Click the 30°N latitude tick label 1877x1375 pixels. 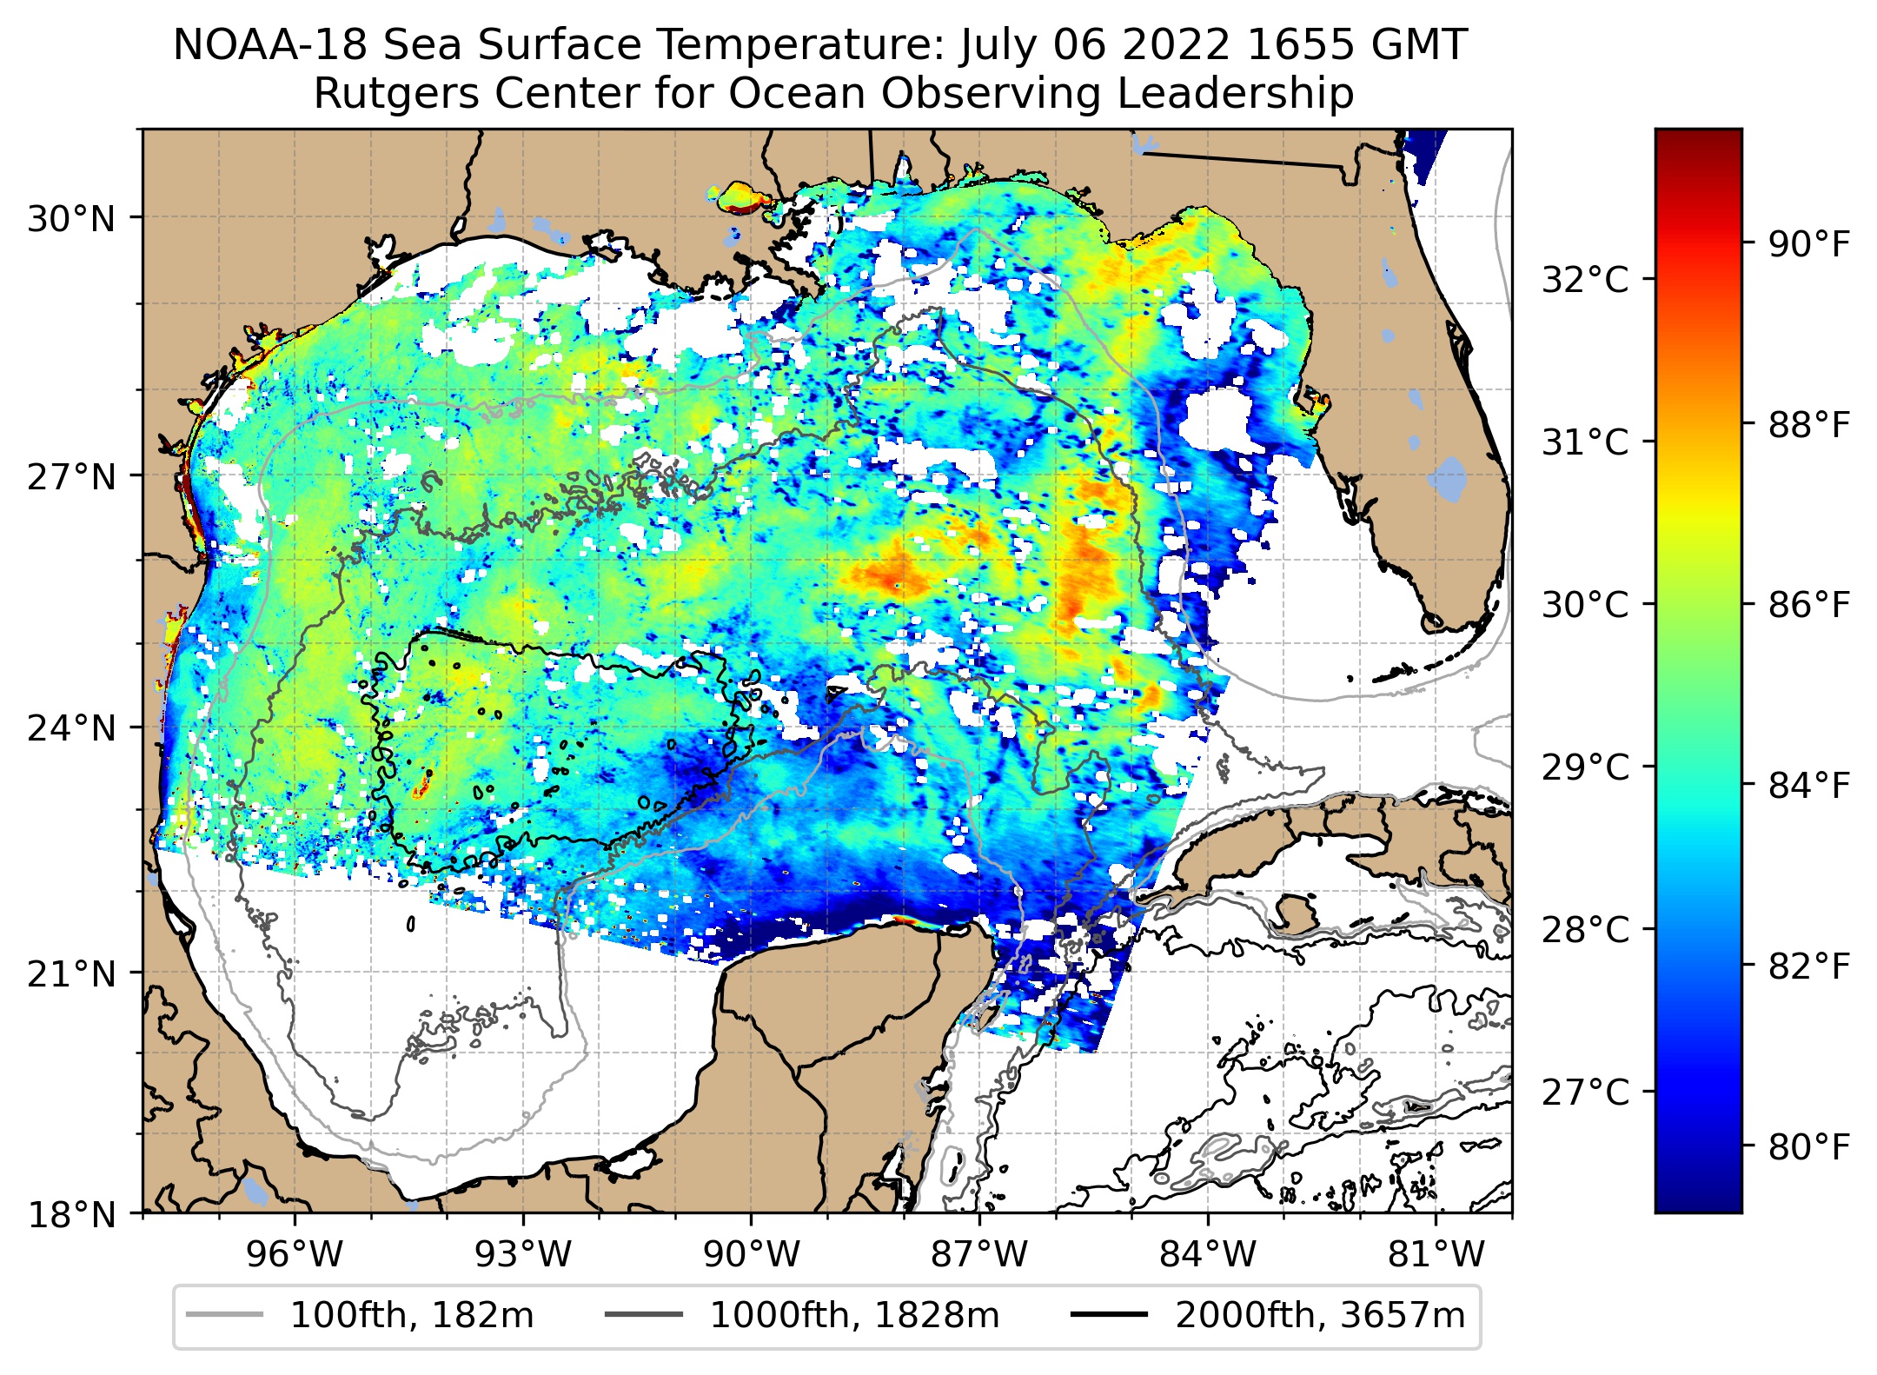tap(71, 219)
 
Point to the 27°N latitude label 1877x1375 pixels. tap(71, 477)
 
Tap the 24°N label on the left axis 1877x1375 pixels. tap(71, 728)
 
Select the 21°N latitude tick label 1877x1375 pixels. tap(71, 974)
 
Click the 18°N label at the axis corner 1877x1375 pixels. tap(71, 1214)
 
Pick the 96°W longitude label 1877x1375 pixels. tap(295, 1254)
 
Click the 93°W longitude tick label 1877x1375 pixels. tap(523, 1254)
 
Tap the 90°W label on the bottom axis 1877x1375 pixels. tap(751, 1254)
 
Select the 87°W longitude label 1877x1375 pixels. tap(979, 1254)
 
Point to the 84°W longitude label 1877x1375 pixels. tap(1208, 1254)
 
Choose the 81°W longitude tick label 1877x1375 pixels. tap(1436, 1254)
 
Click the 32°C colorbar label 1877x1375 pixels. tap(1585, 280)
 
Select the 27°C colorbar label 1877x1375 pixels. tap(1585, 1092)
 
